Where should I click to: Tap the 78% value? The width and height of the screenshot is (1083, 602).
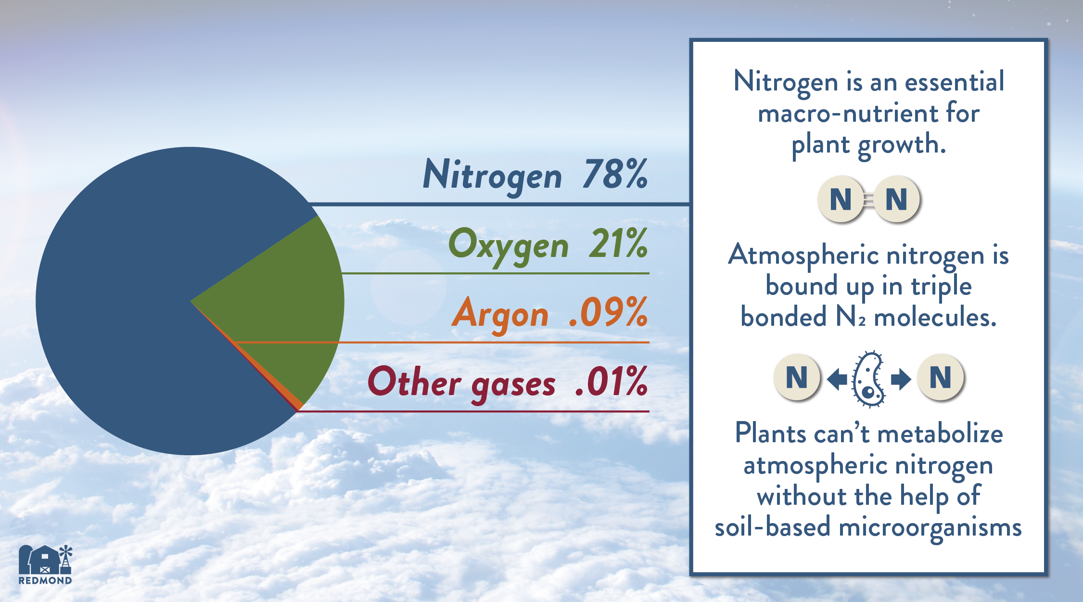coord(615,174)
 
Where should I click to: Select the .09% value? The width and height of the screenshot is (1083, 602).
coord(609,312)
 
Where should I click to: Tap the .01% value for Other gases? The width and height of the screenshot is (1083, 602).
coord(612,381)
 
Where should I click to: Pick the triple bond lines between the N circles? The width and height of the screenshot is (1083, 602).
coord(869,199)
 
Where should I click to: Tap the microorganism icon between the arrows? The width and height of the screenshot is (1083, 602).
coord(868,379)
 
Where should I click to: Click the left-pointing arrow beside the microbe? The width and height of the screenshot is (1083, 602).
coord(837,379)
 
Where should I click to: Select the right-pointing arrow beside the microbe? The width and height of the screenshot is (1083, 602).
coord(901,379)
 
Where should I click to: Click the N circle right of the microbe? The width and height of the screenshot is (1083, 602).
coord(941,377)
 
